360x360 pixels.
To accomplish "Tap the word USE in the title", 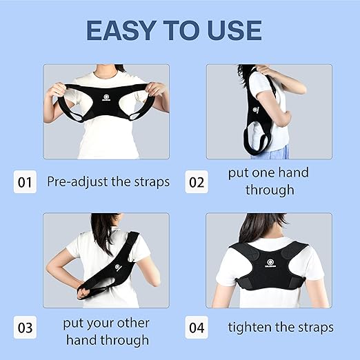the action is [x=234, y=30].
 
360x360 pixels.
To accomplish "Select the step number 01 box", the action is [x=25, y=182].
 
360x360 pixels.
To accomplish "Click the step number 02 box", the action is [x=197, y=182].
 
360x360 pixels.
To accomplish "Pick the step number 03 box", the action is [x=25, y=328].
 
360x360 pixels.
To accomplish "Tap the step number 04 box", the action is [x=197, y=328].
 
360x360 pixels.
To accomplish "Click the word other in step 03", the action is [x=133, y=323].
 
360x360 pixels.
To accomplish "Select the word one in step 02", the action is [x=261, y=173].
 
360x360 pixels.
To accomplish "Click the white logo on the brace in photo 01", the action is [x=106, y=98].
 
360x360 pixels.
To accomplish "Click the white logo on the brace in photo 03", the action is [x=119, y=268].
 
